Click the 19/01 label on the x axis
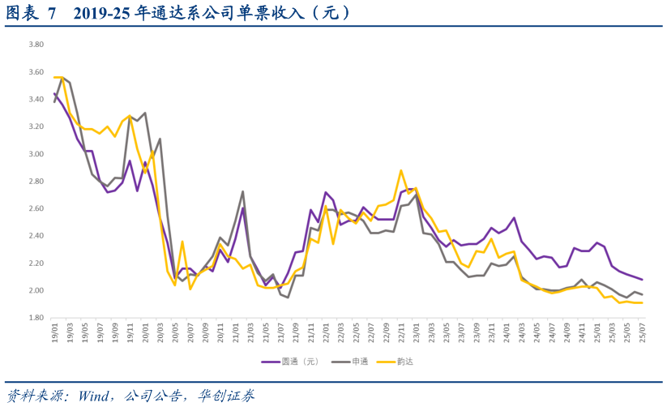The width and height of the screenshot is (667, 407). tap(55, 332)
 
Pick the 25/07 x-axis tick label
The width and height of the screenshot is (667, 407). tap(642, 332)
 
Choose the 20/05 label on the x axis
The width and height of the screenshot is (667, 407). tap(174, 332)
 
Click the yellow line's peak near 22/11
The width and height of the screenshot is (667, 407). tap(400, 170)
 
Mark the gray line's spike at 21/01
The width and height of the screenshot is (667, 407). tap(242, 191)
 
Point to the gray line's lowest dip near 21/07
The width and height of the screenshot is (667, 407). tap(288, 298)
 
